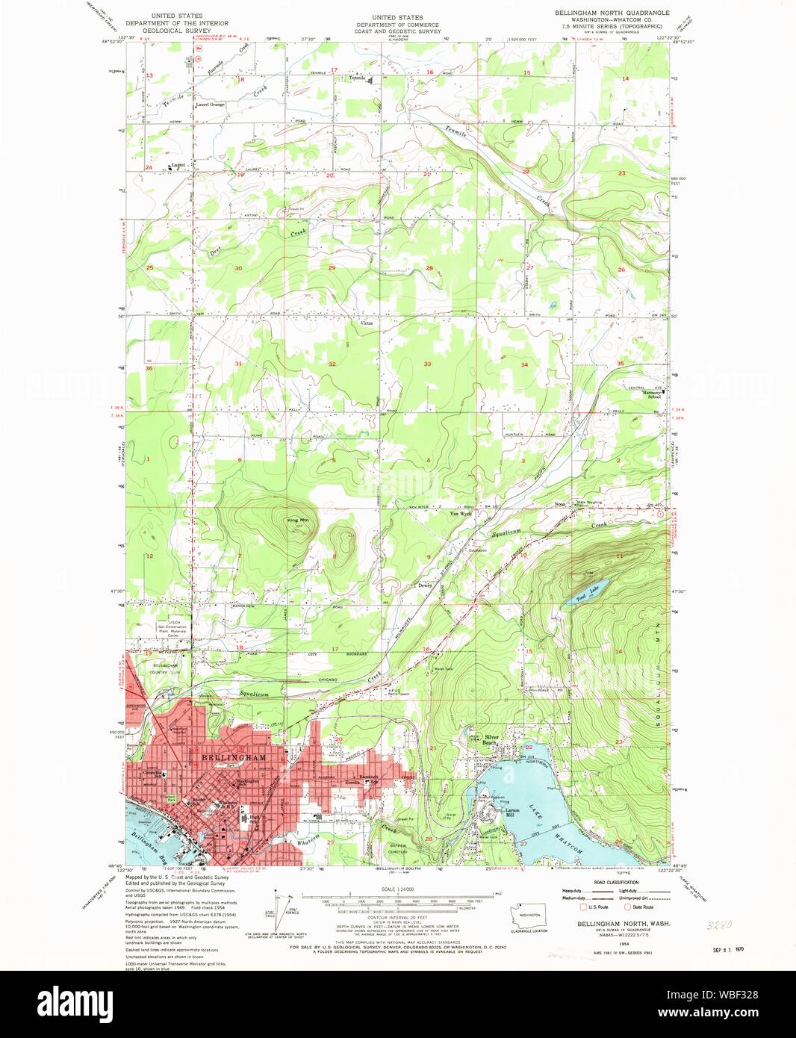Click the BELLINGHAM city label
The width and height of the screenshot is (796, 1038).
pyautogui.click(x=233, y=757)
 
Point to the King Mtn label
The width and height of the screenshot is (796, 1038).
pyautogui.click(x=297, y=520)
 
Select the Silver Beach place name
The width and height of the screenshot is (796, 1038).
pyautogui.click(x=491, y=739)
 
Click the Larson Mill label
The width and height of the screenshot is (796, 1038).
pyautogui.click(x=512, y=812)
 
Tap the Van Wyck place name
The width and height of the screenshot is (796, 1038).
pyautogui.click(x=460, y=514)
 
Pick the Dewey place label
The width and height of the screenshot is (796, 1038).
pyautogui.click(x=425, y=585)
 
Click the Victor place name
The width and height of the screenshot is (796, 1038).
pyautogui.click(x=367, y=323)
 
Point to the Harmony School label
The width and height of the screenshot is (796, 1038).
pyautogui.click(x=654, y=394)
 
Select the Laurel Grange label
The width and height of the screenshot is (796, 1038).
pyautogui.click(x=210, y=105)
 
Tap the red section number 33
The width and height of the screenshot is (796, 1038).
pyautogui.click(x=427, y=364)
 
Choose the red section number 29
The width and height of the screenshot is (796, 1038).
pyautogui.click(x=332, y=267)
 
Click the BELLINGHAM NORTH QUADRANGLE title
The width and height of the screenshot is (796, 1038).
pyautogui.click(x=612, y=13)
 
